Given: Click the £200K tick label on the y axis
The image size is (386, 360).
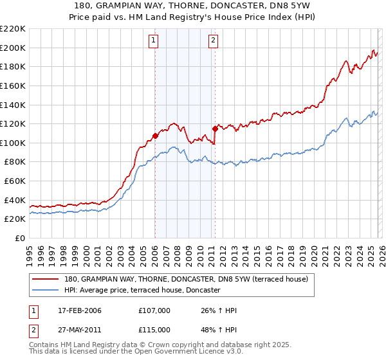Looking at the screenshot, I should (13, 48).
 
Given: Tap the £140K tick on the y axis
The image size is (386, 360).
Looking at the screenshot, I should (13, 105).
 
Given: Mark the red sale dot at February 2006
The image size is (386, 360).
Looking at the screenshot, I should (155, 136).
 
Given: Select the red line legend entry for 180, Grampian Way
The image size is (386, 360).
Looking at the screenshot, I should (187, 279).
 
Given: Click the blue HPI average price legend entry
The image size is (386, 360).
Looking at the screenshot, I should (142, 291).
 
